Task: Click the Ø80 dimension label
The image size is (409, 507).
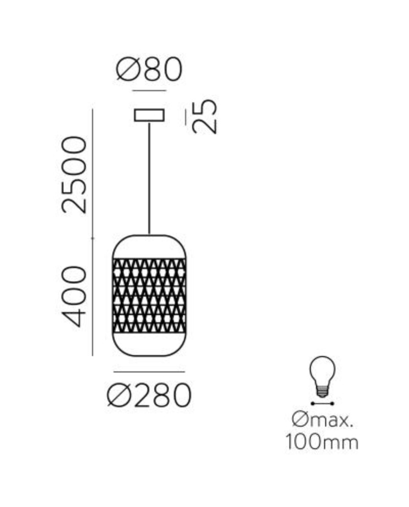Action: [149, 70]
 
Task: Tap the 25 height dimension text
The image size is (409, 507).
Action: [205, 116]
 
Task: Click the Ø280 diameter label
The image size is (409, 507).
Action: [149, 395]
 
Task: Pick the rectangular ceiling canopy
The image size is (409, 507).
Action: [149, 115]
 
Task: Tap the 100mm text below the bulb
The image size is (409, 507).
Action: [322, 442]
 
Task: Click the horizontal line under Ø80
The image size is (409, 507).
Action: [149, 91]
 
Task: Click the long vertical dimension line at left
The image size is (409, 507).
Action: [92, 230]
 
